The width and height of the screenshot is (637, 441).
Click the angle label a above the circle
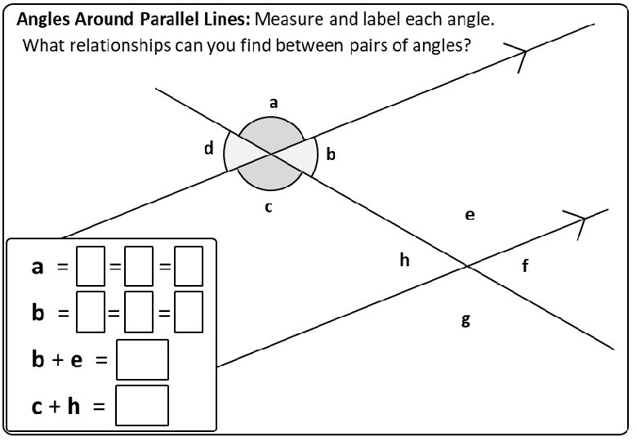274,103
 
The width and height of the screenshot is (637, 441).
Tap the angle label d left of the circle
209,148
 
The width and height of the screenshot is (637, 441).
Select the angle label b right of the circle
331,154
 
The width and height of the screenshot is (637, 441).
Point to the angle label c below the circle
268,207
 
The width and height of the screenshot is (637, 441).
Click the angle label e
470,215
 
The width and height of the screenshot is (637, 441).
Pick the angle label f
525,265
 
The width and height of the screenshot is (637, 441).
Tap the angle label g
466,320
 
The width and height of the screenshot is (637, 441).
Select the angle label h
404,260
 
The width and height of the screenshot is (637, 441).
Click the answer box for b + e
142,360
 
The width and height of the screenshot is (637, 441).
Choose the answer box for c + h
142,405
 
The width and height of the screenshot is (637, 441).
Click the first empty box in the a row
90,266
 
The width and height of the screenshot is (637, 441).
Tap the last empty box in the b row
189,312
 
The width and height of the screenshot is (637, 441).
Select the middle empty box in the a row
139,266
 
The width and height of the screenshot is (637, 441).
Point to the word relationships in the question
120,46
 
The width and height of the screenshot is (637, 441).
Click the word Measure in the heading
289,19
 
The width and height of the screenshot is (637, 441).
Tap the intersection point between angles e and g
467,266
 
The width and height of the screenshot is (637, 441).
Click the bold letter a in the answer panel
38,267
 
